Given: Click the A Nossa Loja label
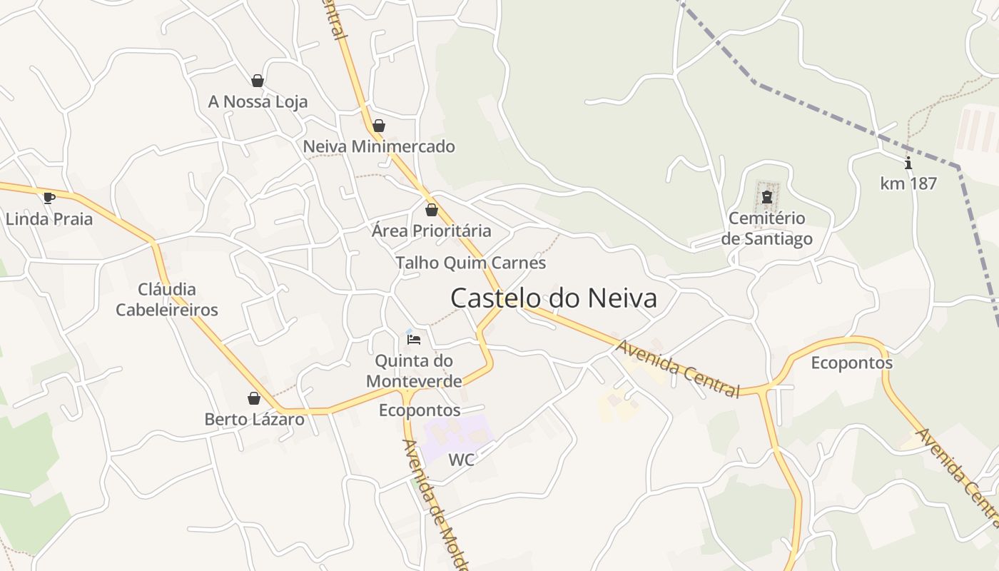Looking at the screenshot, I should (x=258, y=102).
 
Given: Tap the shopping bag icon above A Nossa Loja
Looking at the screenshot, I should (x=258, y=81).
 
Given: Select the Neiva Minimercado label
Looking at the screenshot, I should (x=379, y=147).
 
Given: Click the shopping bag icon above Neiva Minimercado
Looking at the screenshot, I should (x=379, y=126).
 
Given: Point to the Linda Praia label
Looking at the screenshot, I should (x=49, y=219).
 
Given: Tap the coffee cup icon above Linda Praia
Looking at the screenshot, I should (x=49, y=198).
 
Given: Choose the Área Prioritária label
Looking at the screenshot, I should (x=431, y=231).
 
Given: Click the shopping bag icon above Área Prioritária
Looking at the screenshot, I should (x=431, y=210).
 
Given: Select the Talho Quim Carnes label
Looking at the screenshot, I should (x=470, y=263).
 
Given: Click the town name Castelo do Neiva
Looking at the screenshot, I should (x=553, y=298).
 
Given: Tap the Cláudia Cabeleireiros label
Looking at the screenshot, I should (x=167, y=300).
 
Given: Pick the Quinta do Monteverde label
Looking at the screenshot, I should (x=414, y=370).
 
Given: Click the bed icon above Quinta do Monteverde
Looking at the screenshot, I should (x=414, y=339).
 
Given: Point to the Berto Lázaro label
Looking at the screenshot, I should (x=254, y=420).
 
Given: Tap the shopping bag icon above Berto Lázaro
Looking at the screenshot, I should (x=254, y=398).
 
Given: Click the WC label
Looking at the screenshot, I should (x=461, y=460).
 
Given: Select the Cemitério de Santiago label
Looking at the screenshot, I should (x=766, y=228).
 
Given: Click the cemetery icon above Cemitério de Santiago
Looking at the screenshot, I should (x=767, y=196).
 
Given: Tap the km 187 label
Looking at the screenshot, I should (x=908, y=183).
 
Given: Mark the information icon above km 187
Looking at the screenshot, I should (x=908, y=163).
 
